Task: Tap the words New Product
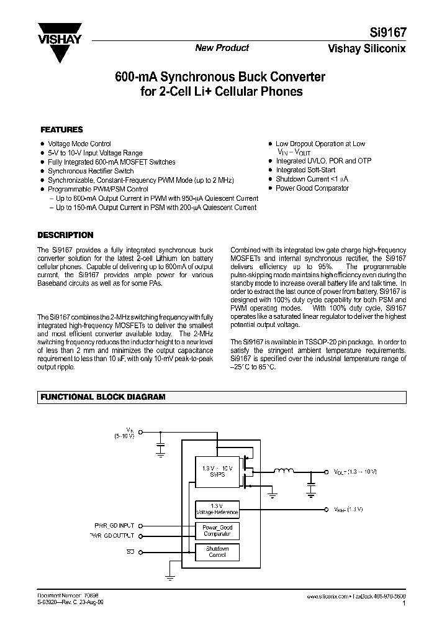222,48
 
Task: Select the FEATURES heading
61,130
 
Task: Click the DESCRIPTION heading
65,236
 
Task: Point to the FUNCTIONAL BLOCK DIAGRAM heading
102,397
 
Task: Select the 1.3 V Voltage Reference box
217,510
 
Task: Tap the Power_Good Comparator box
217,530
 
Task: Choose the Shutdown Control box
217,551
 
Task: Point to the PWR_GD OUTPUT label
109,535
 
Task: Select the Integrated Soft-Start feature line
305,170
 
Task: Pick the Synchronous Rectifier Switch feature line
91,171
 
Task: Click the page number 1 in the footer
404,603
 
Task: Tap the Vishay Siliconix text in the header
374,49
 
